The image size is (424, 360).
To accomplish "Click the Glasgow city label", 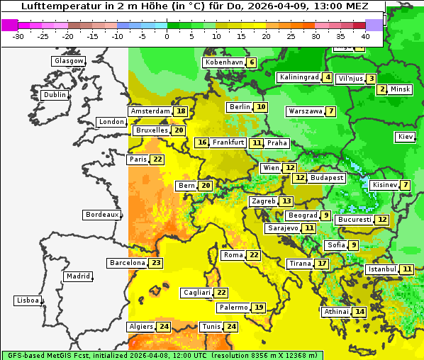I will click(x=68, y=61).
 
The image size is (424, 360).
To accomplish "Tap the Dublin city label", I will click(x=54, y=95).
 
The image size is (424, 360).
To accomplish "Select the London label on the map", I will click(x=111, y=122).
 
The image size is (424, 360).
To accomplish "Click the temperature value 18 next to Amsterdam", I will click(x=182, y=111).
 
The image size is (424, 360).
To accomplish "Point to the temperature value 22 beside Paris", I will click(x=157, y=159).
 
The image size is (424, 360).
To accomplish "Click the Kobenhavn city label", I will click(x=224, y=62).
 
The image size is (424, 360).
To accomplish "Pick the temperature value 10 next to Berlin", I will click(x=262, y=107).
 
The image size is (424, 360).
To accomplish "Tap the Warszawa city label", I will click(x=306, y=111).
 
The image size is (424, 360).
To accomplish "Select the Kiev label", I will click(x=406, y=137).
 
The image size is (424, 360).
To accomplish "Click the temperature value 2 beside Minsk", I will click(x=382, y=89).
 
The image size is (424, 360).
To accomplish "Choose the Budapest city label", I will click(x=327, y=178).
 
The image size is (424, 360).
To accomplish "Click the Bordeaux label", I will click(x=101, y=215).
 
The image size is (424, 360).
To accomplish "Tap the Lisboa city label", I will click(x=27, y=300).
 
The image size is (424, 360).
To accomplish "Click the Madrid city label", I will click(x=77, y=276).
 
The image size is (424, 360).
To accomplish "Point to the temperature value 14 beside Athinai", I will click(x=360, y=312).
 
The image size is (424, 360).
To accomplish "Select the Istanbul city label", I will click(x=382, y=269).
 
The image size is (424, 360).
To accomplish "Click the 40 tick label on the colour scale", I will click(x=365, y=35).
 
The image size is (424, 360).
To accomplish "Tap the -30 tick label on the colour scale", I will click(x=18, y=35).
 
